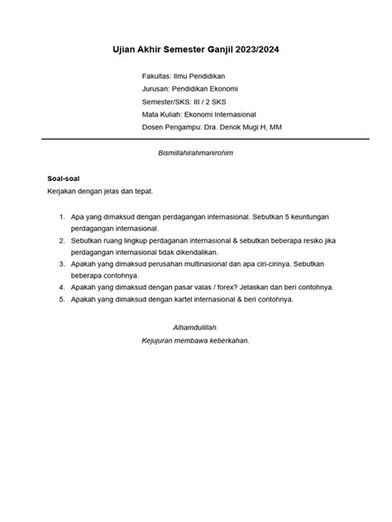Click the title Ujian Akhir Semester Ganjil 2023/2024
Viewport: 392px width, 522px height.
tap(196, 51)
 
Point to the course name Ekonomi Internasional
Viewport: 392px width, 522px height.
tap(220, 114)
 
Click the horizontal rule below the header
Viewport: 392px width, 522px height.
tap(196, 140)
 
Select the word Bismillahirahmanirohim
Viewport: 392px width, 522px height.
tap(196, 154)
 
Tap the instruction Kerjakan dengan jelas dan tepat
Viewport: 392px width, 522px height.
tap(100, 191)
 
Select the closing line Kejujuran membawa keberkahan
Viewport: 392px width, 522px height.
tap(195, 339)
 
